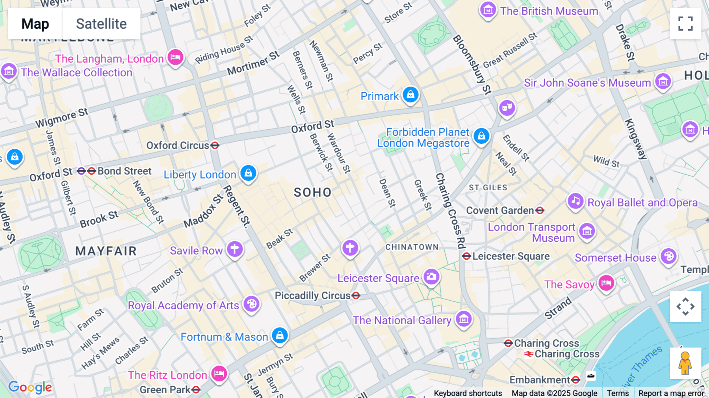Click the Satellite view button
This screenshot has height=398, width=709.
click(101, 24)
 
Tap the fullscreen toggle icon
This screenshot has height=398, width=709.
click(685, 24)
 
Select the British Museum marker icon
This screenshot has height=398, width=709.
click(488, 9)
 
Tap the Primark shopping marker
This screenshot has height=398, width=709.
click(410, 95)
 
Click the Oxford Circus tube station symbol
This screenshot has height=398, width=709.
click(215, 145)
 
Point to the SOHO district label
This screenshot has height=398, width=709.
click(313, 192)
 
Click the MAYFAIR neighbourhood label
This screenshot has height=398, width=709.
click(106, 251)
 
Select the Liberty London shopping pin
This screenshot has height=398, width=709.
click(249, 173)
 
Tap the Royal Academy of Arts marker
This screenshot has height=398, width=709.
click(251, 304)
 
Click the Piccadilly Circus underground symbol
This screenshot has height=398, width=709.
click(356, 296)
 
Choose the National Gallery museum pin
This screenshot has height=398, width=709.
click(464, 319)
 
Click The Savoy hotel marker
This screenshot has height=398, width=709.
click(606, 283)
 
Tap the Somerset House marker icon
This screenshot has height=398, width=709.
click(668, 256)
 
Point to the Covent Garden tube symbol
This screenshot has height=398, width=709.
click(540, 210)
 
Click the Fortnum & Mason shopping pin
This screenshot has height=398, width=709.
click(280, 335)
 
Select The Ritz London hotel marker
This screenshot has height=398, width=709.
click(219, 373)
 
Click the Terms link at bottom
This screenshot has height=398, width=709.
click(618, 393)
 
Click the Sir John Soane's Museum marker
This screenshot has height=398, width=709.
click(663, 81)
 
